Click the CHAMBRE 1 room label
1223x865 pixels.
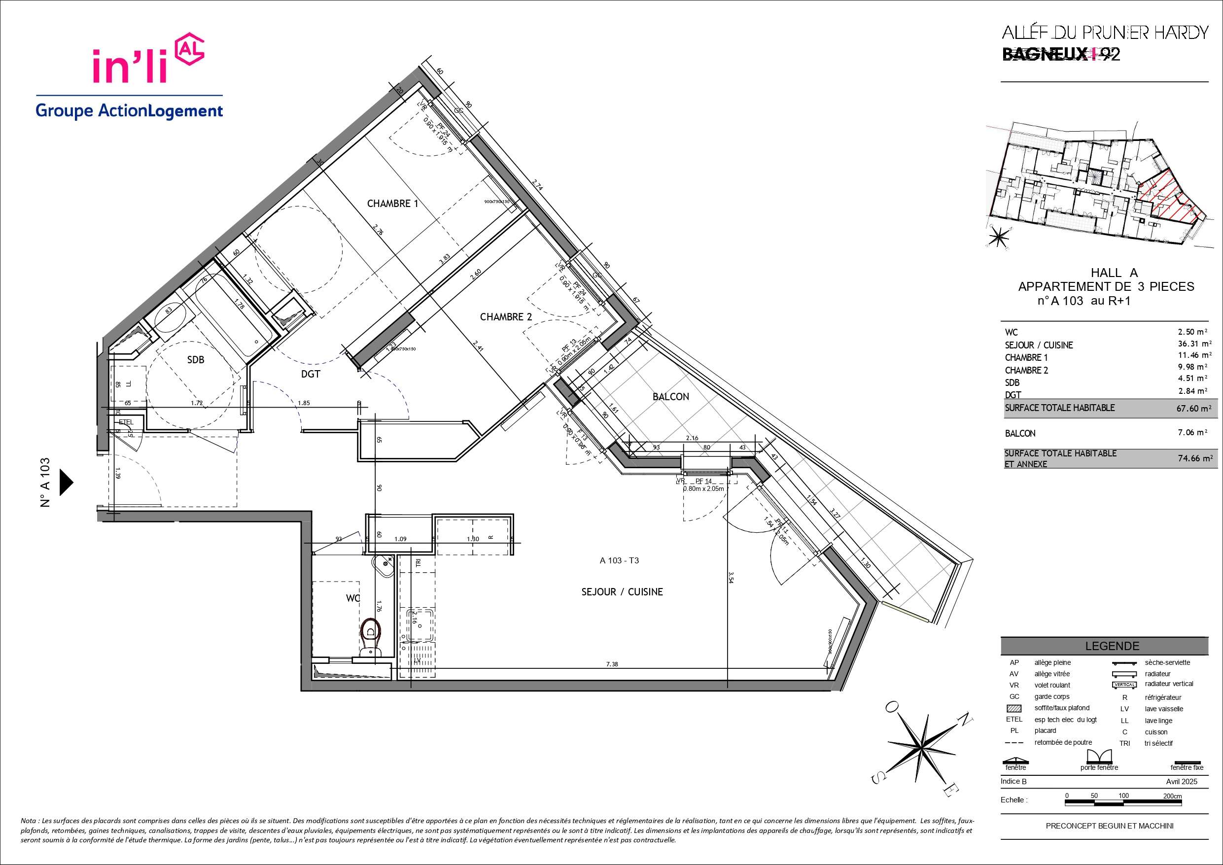[x=392, y=204]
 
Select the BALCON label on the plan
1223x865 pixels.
[x=670, y=397]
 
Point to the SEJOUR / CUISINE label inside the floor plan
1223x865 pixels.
[x=622, y=592]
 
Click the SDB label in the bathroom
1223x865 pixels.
[x=196, y=359]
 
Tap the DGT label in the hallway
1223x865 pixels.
[x=311, y=374]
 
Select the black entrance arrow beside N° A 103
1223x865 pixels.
[x=66, y=482]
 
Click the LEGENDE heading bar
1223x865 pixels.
[x=1112, y=646]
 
